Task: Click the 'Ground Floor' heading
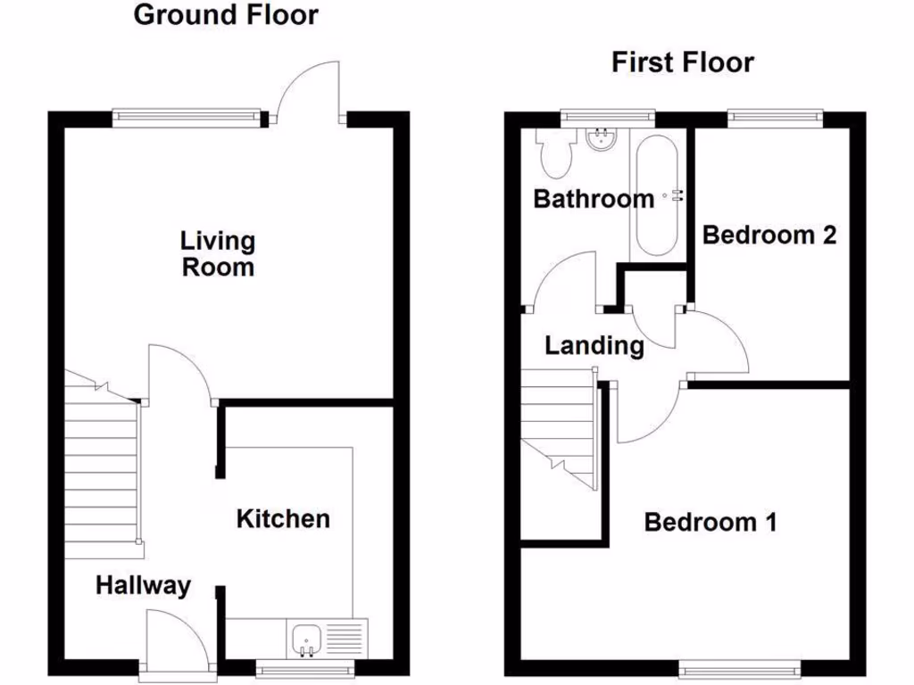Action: coord(225,15)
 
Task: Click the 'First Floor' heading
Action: coord(682,62)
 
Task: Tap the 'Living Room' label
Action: coord(218,253)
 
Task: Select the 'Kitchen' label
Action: coord(283,518)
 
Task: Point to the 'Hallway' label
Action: coord(143,586)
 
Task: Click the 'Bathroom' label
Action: coord(593,198)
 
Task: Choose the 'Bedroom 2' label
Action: coord(769,235)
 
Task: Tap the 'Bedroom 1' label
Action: coord(710,522)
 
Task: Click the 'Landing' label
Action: coord(594,345)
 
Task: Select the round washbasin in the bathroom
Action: coord(601,139)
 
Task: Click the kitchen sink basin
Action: coord(305,640)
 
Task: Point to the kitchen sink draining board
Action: coord(345,640)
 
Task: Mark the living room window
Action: coord(190,115)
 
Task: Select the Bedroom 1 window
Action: coord(738,666)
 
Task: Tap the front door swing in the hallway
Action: coord(174,639)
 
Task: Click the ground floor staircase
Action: coord(101,464)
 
